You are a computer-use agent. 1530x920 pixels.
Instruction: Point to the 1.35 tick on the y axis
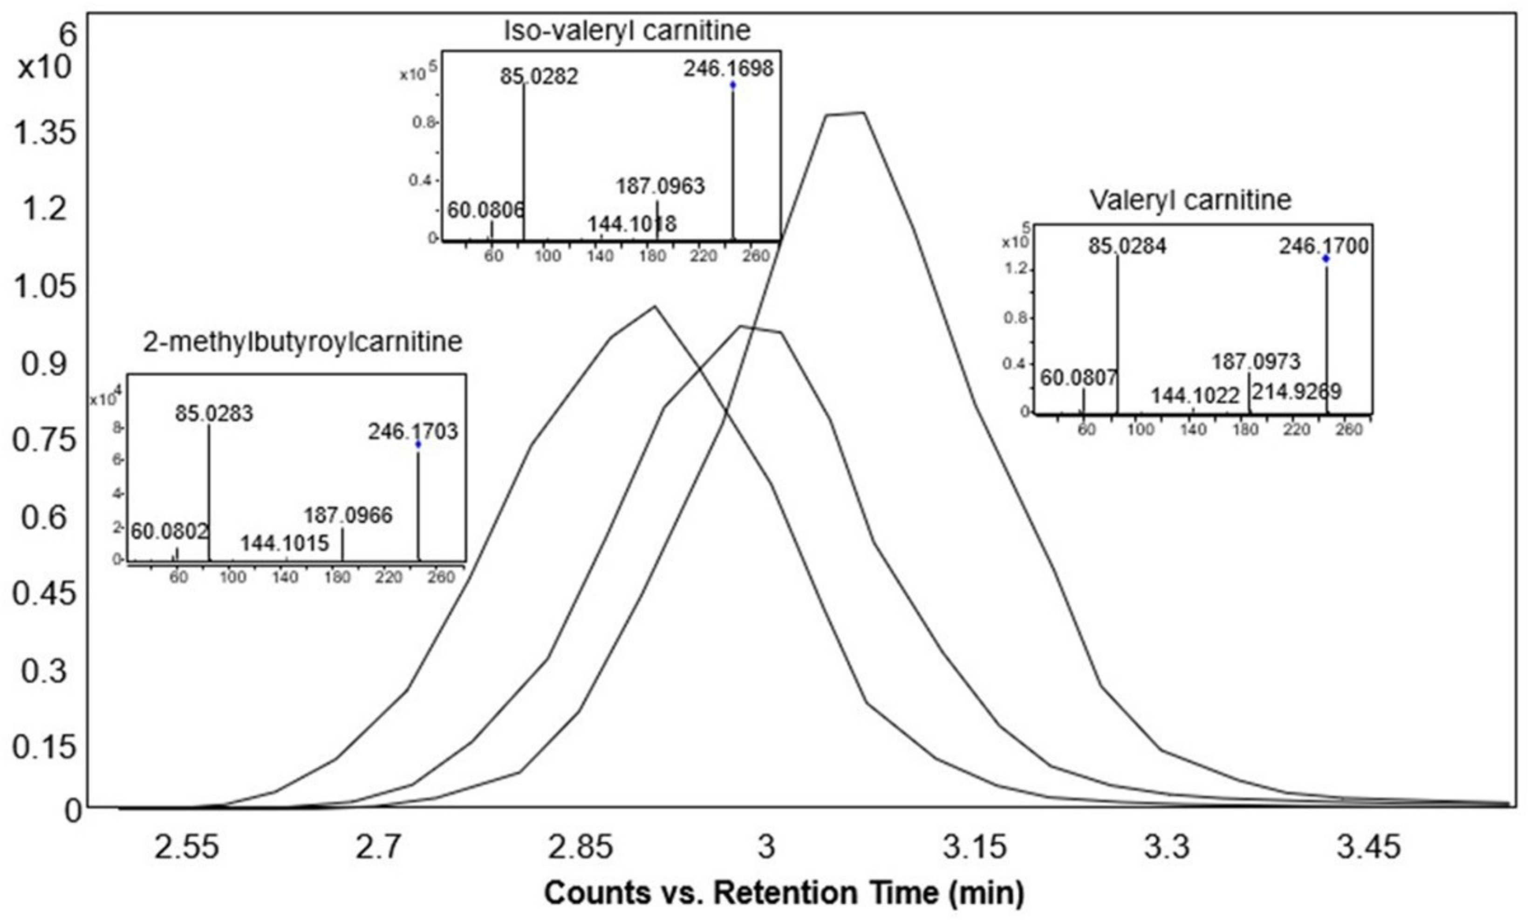pos(45,133)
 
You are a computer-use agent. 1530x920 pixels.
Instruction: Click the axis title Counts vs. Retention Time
pos(784,893)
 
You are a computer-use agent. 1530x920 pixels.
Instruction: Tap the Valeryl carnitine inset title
pos(1190,200)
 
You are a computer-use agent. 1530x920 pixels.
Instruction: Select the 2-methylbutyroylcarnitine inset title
pos(303,342)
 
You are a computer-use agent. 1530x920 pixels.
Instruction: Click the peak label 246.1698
pos(729,68)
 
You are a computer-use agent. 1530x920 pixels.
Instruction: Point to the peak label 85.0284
pos(1127,246)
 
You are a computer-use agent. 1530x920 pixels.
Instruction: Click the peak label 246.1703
pos(413,432)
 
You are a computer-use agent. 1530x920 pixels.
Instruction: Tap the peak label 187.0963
pos(660,186)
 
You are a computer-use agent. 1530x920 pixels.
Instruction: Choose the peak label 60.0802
pos(169,532)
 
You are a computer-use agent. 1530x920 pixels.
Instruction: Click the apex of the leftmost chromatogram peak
pos(654,307)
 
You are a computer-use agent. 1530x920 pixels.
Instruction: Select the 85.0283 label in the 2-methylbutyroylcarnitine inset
pos(214,413)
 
